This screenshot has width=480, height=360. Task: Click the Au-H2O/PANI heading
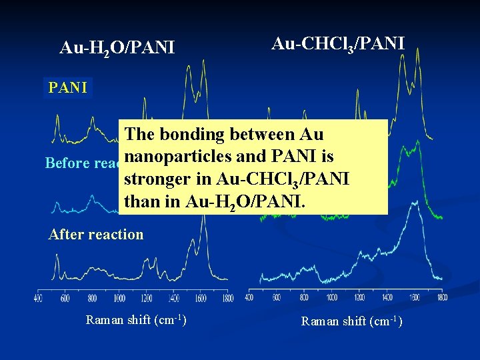[117, 48]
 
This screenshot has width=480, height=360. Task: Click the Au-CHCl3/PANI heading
[337, 44]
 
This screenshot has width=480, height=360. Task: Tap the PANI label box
[68, 88]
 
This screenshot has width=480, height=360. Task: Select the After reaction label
[96, 234]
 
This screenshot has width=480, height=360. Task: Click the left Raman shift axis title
[136, 320]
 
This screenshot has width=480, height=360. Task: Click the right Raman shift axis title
[351, 321]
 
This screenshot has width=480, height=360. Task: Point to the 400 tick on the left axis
[38, 297]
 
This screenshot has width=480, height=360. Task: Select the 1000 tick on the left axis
[119, 297]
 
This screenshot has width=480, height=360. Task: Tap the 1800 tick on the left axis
[228, 297]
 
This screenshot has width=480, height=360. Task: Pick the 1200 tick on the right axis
[360, 297]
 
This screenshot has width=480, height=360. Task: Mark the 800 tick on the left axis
[92, 297]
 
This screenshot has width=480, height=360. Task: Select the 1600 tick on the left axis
[201, 297]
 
